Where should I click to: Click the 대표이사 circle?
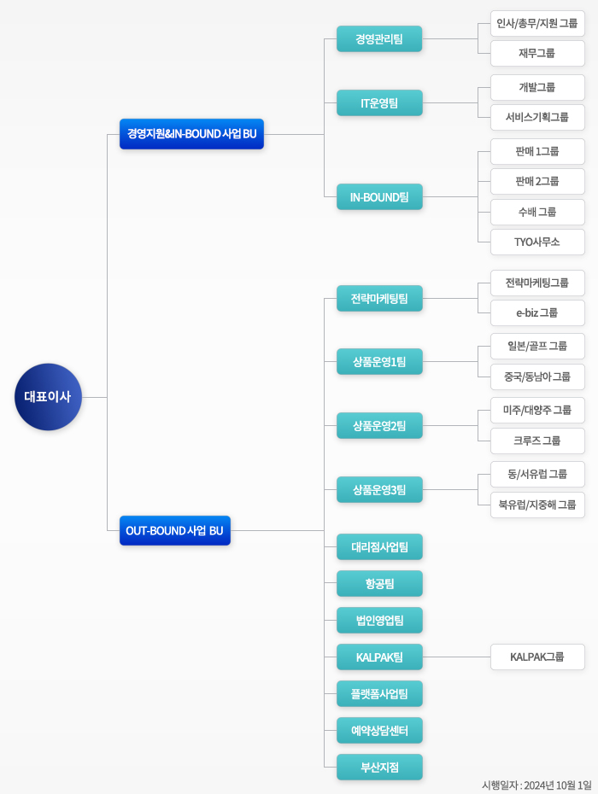tap(48, 397)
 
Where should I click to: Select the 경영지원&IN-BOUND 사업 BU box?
tap(191, 134)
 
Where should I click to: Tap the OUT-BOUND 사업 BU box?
tap(174, 530)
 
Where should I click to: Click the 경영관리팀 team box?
tap(379, 38)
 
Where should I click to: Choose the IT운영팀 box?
tap(379, 103)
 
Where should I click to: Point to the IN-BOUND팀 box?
tap(379, 197)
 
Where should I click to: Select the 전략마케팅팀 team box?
tap(379, 299)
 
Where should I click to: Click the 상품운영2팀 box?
tap(379, 425)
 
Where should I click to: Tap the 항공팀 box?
tap(379, 584)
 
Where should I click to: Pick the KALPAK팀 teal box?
tap(379, 657)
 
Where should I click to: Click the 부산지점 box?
tap(379, 767)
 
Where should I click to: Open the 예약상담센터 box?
tap(379, 731)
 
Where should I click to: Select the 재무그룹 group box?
tap(537, 53)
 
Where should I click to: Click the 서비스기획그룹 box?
tap(537, 117)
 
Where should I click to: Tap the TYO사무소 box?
tap(537, 242)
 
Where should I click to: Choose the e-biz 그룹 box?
tap(537, 312)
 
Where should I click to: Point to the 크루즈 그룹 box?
tap(537, 441)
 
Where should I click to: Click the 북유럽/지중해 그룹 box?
tap(537, 505)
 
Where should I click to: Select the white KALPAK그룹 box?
tap(537, 657)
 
